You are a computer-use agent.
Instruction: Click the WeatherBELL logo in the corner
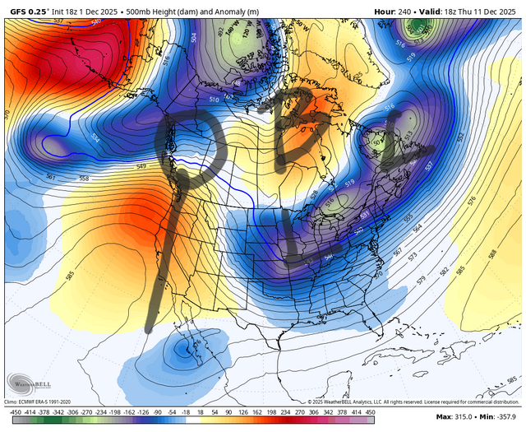click(25, 384)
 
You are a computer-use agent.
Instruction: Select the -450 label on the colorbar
click(13, 411)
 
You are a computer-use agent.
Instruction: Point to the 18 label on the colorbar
click(210, 411)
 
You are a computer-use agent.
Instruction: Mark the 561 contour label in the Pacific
click(49, 176)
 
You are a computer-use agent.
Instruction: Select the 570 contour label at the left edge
click(7, 111)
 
